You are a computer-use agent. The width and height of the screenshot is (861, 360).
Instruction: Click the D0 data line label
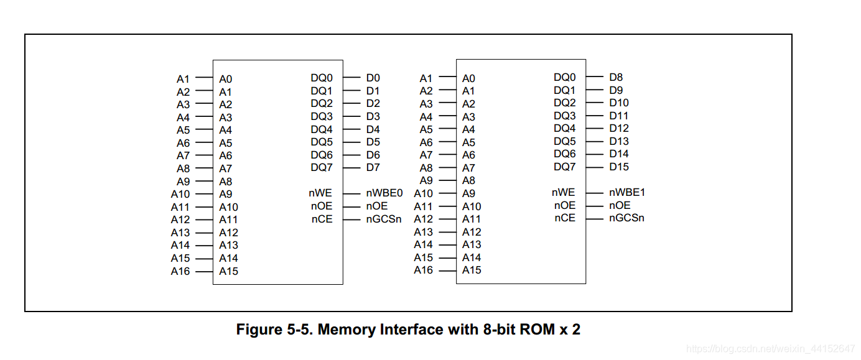pyautogui.click(x=373, y=78)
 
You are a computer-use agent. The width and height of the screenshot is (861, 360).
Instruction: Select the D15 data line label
pyautogui.click(x=619, y=167)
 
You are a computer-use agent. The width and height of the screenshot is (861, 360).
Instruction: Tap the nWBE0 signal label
pyautogui.click(x=384, y=193)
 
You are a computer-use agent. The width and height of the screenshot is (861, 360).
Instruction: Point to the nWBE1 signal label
pyautogui.click(x=627, y=193)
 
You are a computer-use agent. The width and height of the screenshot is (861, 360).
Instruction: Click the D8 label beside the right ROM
pyautogui.click(x=616, y=78)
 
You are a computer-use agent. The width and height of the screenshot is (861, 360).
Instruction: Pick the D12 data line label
pyautogui.click(x=619, y=129)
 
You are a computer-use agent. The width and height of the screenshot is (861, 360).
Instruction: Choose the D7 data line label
pyautogui.click(x=373, y=167)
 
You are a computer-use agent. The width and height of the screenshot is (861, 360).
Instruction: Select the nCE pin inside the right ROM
pyautogui.click(x=565, y=218)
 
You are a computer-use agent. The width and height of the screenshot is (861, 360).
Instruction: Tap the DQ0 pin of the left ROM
pyautogui.click(x=322, y=78)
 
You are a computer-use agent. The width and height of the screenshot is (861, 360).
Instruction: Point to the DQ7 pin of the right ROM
pyautogui.click(x=565, y=167)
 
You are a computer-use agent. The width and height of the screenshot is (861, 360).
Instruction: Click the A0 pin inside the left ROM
pyautogui.click(x=225, y=80)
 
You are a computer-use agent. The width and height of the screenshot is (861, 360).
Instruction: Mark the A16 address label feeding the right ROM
pyautogui.click(x=423, y=270)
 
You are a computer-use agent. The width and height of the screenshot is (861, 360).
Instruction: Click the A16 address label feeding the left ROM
pyautogui.click(x=180, y=271)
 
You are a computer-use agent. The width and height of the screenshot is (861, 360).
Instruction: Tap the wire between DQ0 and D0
pyautogui.click(x=351, y=78)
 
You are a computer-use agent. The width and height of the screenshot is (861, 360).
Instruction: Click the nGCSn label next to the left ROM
pyautogui.click(x=384, y=219)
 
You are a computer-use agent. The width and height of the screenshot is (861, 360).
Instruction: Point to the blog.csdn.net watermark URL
pyautogui.click(x=768, y=348)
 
